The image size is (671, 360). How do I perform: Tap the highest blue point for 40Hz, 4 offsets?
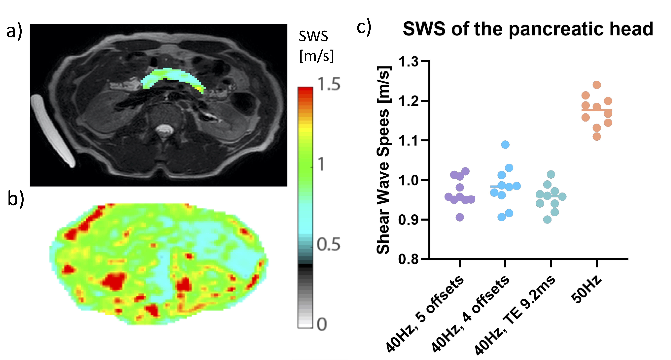(505, 145)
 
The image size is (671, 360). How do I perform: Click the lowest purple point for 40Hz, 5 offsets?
(460, 217)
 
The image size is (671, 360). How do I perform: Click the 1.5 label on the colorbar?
(329, 85)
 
